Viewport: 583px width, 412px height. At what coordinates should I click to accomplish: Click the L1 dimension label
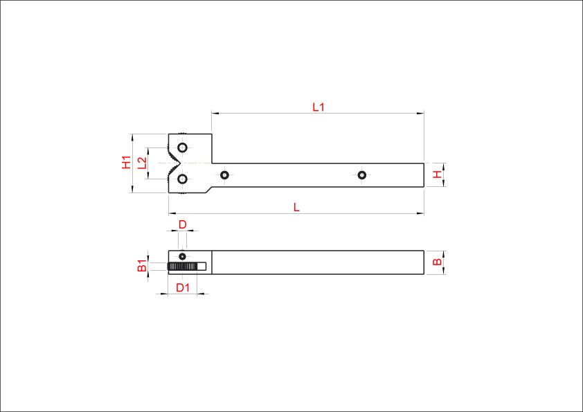(x=319, y=107)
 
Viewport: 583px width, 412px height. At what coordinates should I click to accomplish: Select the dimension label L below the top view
(x=296, y=207)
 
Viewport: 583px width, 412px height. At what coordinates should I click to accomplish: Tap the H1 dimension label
(x=127, y=163)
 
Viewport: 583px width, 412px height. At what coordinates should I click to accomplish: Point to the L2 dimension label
(x=142, y=163)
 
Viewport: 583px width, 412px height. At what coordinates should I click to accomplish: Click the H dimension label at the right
(x=438, y=174)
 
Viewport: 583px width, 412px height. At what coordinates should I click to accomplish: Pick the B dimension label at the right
(x=438, y=262)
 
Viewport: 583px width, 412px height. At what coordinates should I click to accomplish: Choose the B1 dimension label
(x=142, y=266)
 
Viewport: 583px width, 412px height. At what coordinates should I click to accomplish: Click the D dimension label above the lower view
(x=183, y=224)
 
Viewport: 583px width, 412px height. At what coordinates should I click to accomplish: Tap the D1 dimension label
(x=183, y=287)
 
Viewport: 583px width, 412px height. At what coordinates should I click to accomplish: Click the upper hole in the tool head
(x=182, y=147)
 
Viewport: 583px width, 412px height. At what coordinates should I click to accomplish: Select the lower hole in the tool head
(x=182, y=179)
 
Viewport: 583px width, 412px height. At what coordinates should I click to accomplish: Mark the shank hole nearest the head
(x=224, y=174)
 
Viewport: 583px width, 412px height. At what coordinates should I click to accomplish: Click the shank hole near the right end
(x=361, y=174)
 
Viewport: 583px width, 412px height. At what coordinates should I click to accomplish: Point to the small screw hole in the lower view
(x=182, y=257)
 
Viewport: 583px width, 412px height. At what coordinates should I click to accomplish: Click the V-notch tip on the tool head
(x=179, y=163)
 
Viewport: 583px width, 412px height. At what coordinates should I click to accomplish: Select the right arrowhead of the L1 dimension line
(x=420, y=113)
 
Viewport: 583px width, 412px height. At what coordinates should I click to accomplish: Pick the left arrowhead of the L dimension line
(x=172, y=214)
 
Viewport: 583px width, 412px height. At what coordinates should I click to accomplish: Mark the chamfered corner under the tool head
(x=209, y=190)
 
